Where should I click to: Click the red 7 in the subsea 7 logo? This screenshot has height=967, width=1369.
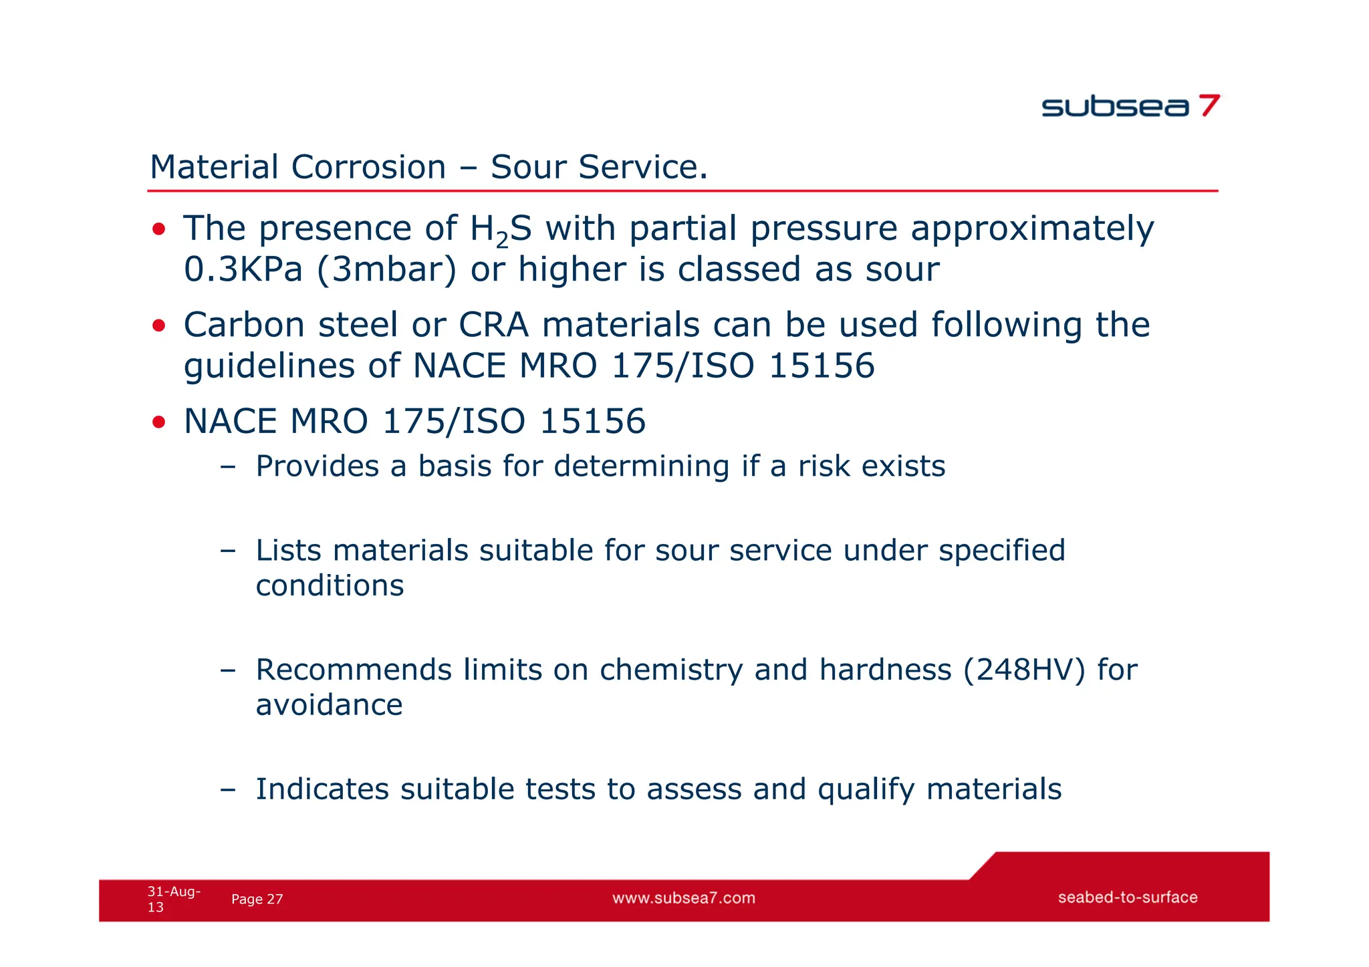1209,106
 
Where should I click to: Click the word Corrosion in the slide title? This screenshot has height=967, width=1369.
368,167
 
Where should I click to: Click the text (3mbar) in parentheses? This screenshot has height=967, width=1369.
387,270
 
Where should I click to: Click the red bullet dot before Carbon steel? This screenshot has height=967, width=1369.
158,326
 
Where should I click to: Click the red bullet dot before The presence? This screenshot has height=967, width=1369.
158,230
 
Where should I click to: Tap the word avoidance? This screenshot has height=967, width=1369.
329,706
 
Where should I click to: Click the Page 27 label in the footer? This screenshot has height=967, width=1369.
257,900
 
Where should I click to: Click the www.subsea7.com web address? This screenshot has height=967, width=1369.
684,898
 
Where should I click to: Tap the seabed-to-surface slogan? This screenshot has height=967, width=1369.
1127,897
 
